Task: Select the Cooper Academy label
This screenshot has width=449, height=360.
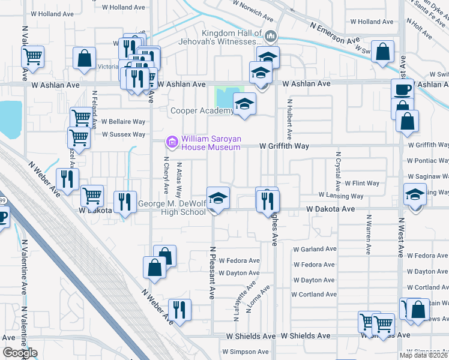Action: (202, 110)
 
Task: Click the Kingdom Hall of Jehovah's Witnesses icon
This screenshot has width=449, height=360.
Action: (271, 37)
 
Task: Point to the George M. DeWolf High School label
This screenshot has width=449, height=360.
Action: (171, 208)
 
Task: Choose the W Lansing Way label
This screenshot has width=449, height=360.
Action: (341, 196)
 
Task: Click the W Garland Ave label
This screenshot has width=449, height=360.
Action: (312, 249)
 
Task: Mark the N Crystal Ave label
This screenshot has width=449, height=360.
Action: (338, 170)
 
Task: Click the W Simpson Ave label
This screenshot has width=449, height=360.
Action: (246, 352)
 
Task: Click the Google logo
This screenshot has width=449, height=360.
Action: (20, 353)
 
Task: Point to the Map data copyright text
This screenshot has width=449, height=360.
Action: (423, 355)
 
